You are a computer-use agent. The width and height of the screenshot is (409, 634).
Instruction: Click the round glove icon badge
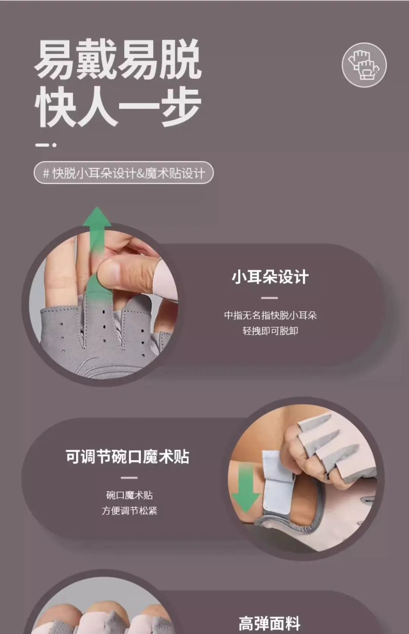coord(364,65)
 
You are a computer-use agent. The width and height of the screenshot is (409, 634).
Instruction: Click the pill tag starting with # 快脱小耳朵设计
coord(123,173)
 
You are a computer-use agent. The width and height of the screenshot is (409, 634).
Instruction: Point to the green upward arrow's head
coord(97,217)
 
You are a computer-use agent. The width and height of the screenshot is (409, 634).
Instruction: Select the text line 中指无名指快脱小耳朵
coord(270,315)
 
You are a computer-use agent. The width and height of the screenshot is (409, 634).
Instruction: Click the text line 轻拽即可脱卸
coord(270,331)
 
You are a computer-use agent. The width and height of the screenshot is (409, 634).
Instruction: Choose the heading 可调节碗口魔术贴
coord(128,457)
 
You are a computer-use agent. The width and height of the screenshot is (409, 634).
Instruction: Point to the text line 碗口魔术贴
coord(130,495)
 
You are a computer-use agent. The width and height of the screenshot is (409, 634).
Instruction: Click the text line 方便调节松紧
coord(130,511)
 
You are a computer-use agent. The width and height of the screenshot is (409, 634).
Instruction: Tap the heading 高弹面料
coord(269,623)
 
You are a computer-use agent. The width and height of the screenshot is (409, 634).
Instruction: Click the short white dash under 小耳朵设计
coord(269,298)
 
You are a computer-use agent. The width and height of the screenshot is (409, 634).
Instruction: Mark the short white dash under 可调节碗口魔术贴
coord(129,477)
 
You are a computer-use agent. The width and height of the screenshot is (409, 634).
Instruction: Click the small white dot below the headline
coord(54,145)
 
